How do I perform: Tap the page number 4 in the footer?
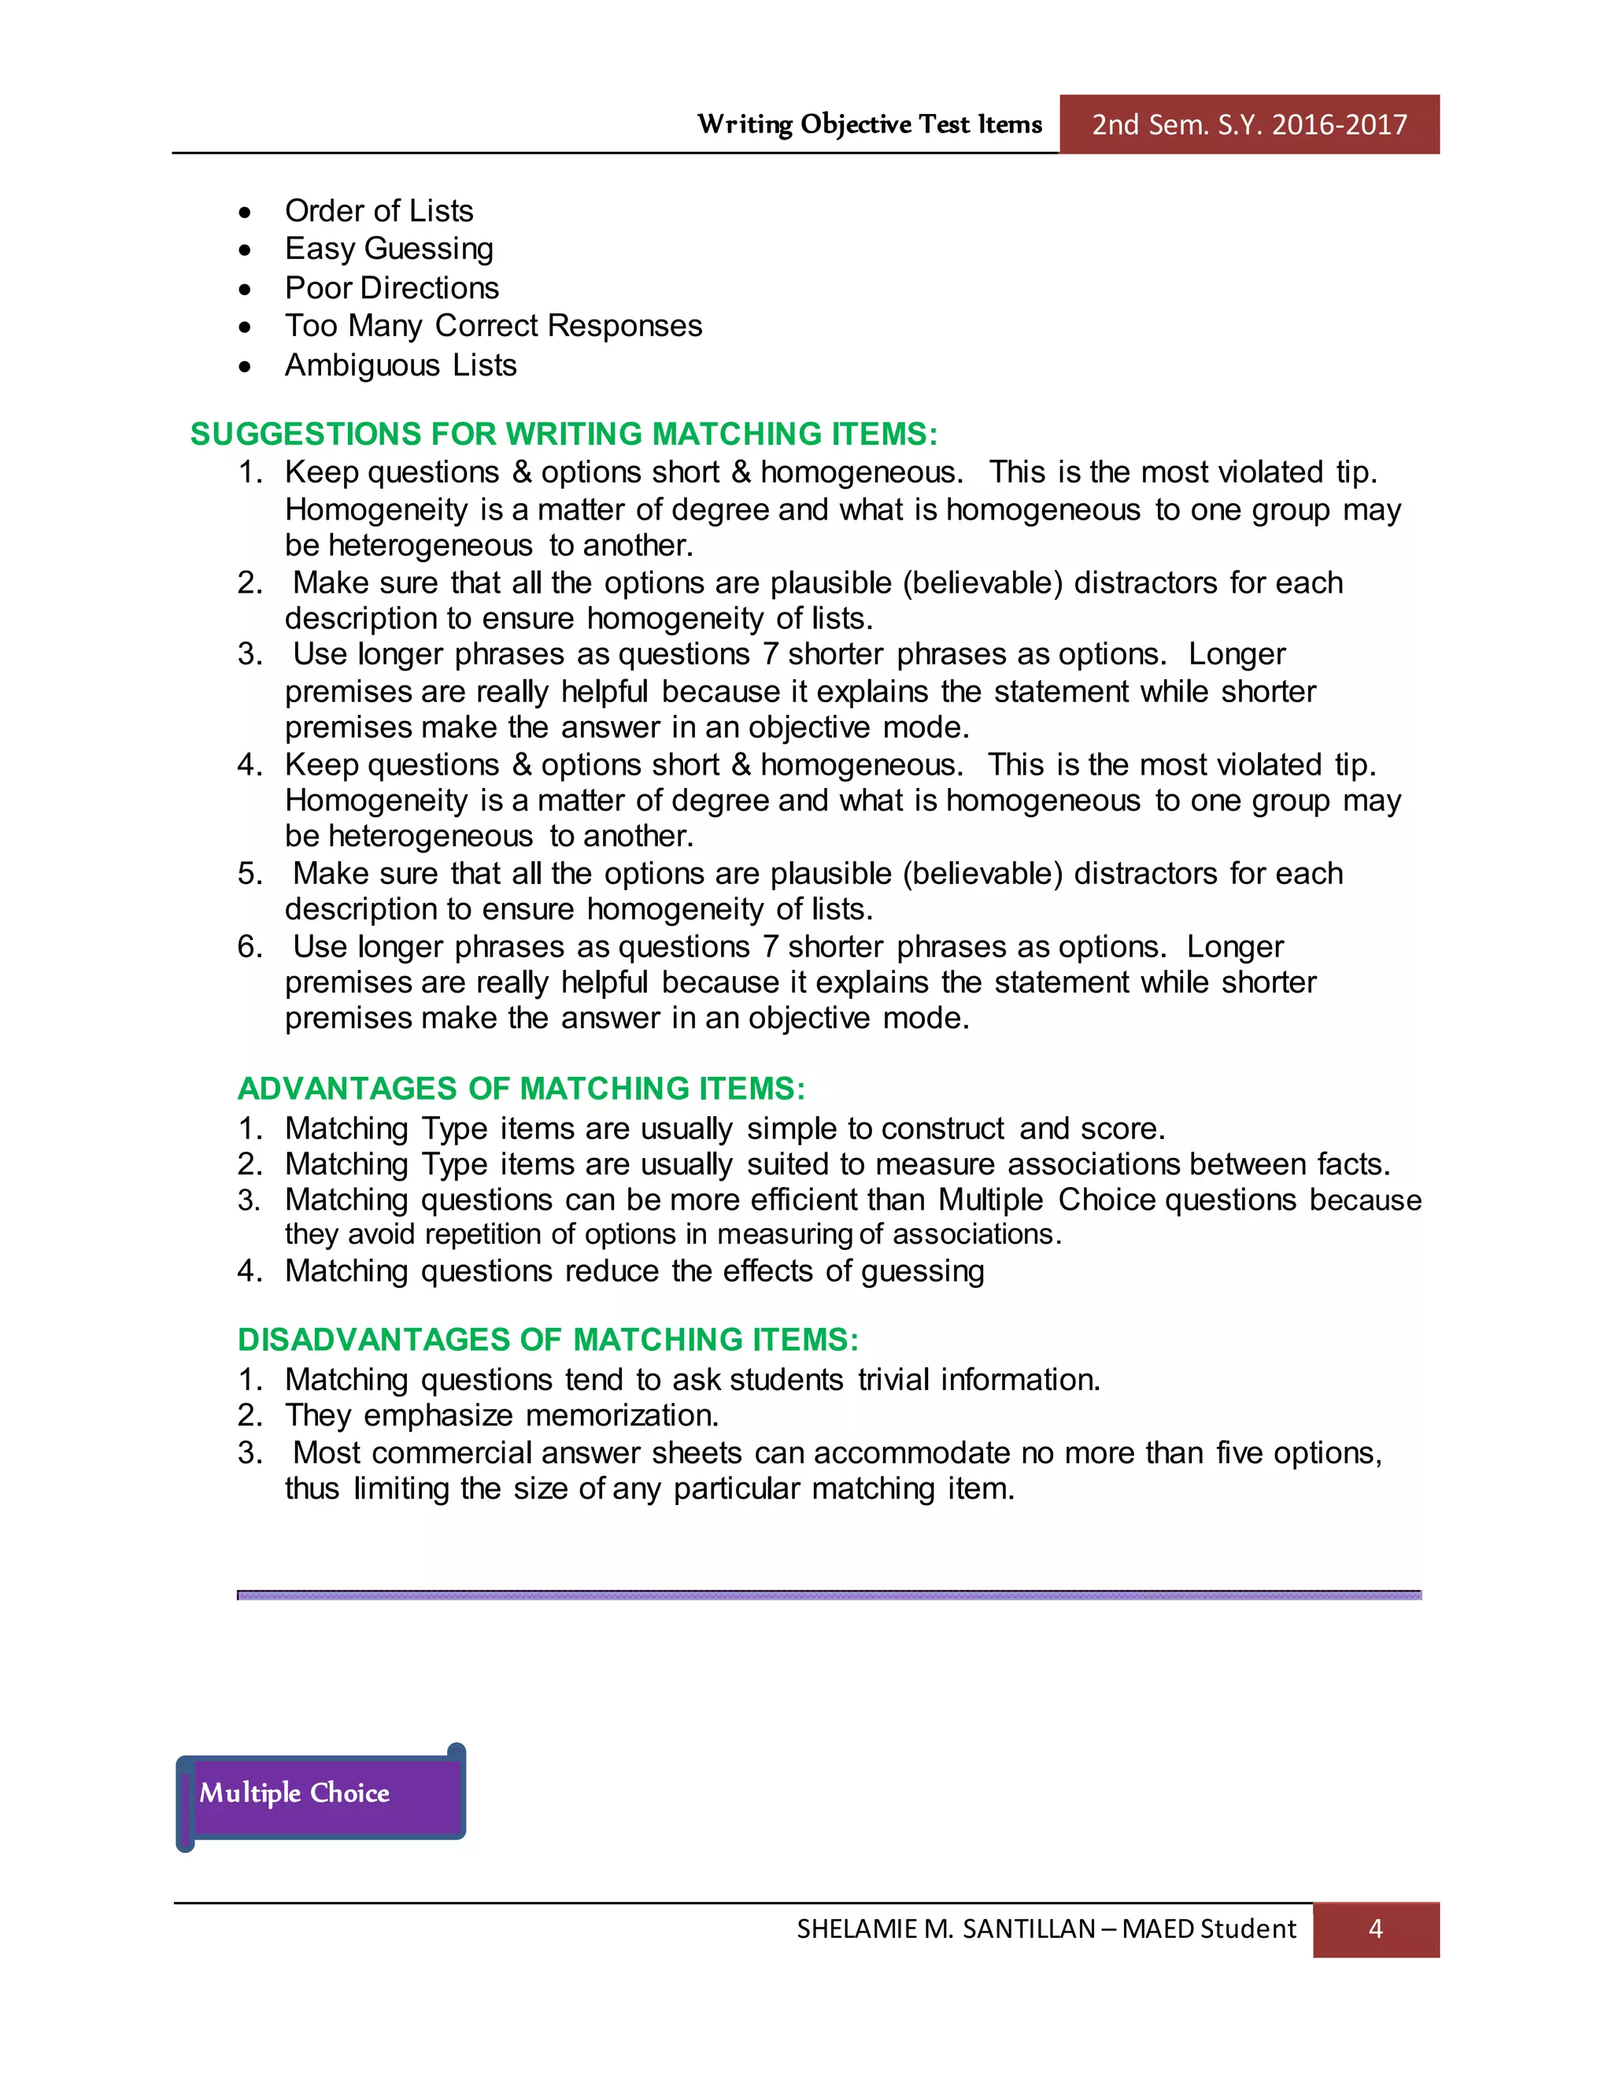pyautogui.click(x=1375, y=1929)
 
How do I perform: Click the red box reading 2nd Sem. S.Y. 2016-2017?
pyautogui.click(x=1248, y=124)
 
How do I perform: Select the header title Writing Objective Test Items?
pyautogui.click(x=869, y=124)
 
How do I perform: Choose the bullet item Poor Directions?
pyautogui.click(x=391, y=287)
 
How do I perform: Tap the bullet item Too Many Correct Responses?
pyautogui.click(x=493, y=326)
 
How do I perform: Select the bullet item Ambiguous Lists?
pyautogui.click(x=400, y=365)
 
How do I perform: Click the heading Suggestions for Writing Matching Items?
pyautogui.click(x=564, y=434)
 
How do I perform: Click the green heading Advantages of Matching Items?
pyautogui.click(x=521, y=1088)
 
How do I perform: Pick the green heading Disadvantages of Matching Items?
pyautogui.click(x=548, y=1339)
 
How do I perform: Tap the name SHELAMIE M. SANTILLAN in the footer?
pyautogui.click(x=945, y=1929)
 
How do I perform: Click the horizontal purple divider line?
pyautogui.click(x=828, y=1594)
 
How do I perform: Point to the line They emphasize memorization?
pyautogui.click(x=501, y=1415)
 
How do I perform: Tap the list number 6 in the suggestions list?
pyautogui.click(x=250, y=945)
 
